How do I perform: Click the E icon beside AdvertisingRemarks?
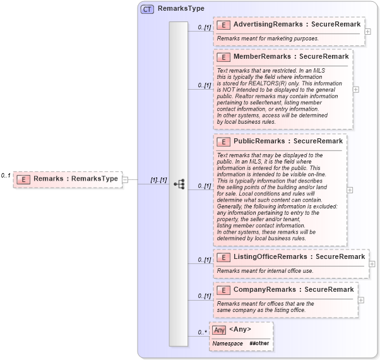point(223,25)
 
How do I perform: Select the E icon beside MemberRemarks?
point(223,57)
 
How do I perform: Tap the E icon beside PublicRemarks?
point(223,141)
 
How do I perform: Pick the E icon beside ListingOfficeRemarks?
point(223,257)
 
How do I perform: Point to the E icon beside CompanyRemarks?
point(223,290)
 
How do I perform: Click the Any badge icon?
point(219,330)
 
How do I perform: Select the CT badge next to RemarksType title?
point(147,9)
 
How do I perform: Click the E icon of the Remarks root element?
point(23,179)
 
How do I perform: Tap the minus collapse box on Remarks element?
point(125,179)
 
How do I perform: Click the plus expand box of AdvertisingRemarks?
point(368,31)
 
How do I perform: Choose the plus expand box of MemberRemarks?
point(356,89)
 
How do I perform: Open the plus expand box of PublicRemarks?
point(350,189)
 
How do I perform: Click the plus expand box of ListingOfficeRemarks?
point(372,264)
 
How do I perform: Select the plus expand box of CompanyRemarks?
point(361,299)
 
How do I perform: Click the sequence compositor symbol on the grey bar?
point(179,184)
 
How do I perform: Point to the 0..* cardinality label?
point(203,332)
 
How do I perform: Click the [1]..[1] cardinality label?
point(158,181)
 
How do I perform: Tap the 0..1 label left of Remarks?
point(6,175)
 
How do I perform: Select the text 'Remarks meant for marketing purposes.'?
point(268,39)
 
